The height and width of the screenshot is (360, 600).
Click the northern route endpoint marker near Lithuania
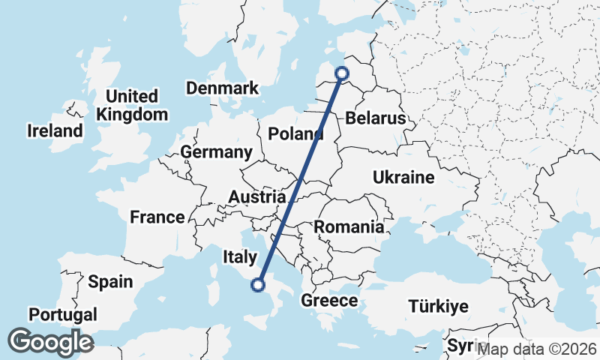342,73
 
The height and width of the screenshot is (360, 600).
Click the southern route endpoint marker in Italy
258,284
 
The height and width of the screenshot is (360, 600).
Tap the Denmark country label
222,88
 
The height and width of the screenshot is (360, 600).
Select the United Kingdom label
132,106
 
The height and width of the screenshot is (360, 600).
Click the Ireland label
55,131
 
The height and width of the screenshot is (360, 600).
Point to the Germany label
216,152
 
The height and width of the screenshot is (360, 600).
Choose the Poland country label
295,135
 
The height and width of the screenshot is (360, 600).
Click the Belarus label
375,118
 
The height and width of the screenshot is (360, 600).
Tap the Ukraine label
403,178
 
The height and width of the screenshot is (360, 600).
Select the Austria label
256,196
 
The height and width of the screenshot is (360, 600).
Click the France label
157,217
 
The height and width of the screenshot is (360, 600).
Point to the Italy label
240,257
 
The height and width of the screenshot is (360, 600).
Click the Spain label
110,282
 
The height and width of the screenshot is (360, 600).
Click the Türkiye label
438,306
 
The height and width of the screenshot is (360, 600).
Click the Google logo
50,342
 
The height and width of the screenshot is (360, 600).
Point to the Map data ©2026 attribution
537,349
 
